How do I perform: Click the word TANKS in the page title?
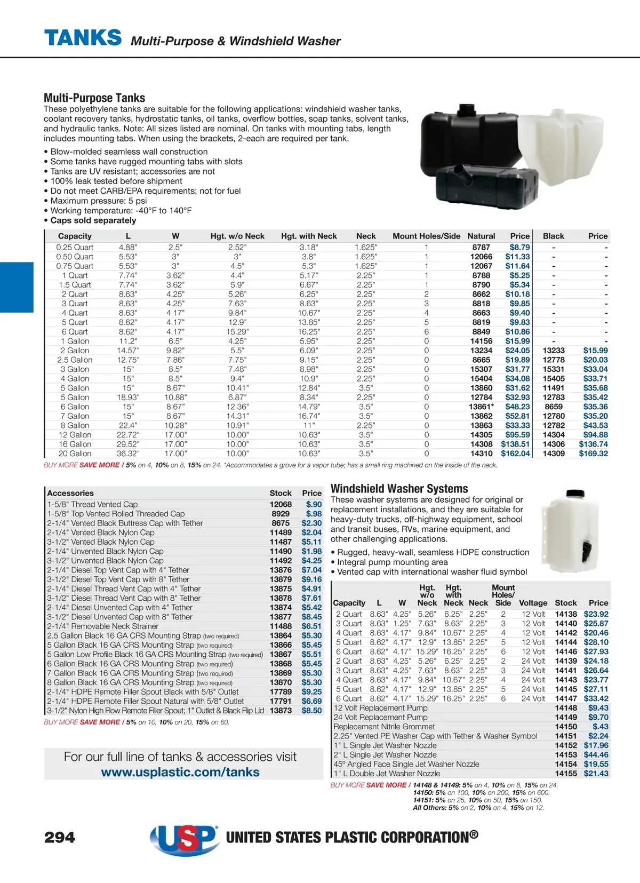pyautogui.click(x=83, y=38)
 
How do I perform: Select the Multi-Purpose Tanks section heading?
pyautogui.click(x=94, y=98)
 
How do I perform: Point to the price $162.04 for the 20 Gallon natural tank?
pyautogui.click(x=515, y=454)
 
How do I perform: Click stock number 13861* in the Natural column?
pyautogui.click(x=481, y=407)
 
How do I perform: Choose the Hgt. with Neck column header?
pyautogui.click(x=309, y=236)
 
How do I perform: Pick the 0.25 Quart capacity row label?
pyautogui.click(x=75, y=248)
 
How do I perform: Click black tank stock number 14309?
pyautogui.click(x=554, y=454)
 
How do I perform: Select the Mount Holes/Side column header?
pyautogui.click(x=426, y=236)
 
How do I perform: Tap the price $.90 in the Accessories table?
pyautogui.click(x=314, y=504)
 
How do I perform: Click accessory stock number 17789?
pyautogui.click(x=281, y=691)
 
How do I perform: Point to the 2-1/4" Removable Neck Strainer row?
pyautogui.click(x=103, y=626)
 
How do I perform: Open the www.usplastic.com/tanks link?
pyautogui.click(x=180, y=772)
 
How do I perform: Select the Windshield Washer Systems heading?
pyautogui.click(x=399, y=489)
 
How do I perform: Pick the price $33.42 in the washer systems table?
pyautogui.click(x=596, y=698)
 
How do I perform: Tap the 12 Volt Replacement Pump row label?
pyautogui.click(x=380, y=708)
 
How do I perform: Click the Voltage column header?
pyautogui.click(x=533, y=602)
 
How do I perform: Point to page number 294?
pyautogui.click(x=60, y=837)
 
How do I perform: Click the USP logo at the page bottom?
pyautogui.click(x=184, y=838)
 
